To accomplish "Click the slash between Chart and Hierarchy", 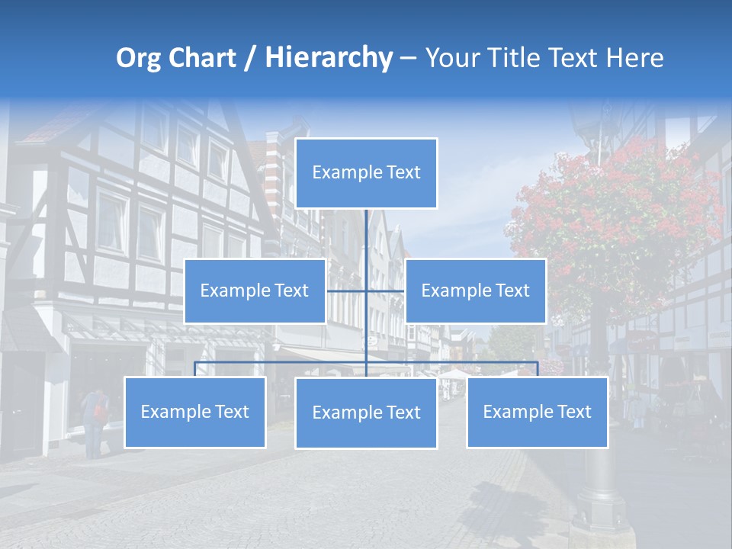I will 250,59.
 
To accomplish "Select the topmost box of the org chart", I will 366,173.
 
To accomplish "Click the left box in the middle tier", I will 255,291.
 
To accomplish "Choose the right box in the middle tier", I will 475,291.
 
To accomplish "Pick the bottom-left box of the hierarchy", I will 194,412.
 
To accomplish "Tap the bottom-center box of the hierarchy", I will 366,413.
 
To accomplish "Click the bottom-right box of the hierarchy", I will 537,412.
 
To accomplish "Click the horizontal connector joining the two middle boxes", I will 347,291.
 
